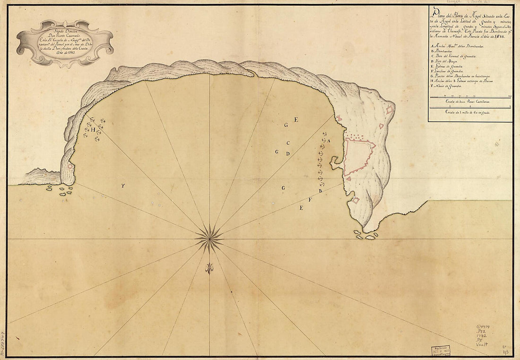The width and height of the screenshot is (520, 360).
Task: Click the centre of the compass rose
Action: pyautogui.click(x=209, y=238)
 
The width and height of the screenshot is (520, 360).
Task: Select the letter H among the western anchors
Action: pyautogui.click(x=93, y=129)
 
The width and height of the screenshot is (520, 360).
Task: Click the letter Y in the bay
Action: pyautogui.click(x=122, y=186)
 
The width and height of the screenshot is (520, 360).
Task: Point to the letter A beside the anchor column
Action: pyautogui.click(x=329, y=140)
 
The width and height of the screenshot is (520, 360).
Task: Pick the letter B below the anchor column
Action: pyautogui.click(x=321, y=191)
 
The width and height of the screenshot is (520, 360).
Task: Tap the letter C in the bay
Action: pyautogui.click(x=288, y=142)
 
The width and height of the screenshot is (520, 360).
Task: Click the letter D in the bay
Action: pyautogui.click(x=287, y=153)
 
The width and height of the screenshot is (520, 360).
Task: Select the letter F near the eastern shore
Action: pyautogui.click(x=310, y=200)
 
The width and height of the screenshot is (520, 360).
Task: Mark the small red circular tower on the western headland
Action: pyautogui.click(x=70, y=166)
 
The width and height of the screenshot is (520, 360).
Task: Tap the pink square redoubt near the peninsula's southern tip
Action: pyautogui.click(x=355, y=200)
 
